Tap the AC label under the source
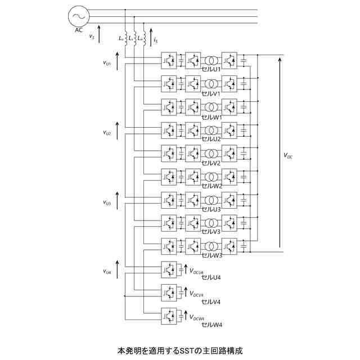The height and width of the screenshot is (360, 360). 79,30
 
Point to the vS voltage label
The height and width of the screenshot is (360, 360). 92,37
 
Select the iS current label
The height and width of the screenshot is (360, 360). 155,40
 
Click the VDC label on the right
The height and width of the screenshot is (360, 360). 288,156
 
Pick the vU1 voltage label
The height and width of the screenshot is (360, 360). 107,63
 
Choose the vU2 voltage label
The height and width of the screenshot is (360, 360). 107,133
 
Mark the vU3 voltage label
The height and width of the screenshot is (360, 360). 107,202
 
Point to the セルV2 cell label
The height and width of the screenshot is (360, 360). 211,163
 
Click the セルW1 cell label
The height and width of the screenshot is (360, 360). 211,116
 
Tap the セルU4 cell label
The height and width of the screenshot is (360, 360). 211,278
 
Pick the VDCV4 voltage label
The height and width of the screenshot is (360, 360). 197,294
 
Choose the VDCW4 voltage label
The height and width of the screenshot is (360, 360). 197,318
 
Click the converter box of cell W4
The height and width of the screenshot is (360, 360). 169,316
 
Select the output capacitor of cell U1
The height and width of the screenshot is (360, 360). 244,60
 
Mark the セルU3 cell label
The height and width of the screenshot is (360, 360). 211,209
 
